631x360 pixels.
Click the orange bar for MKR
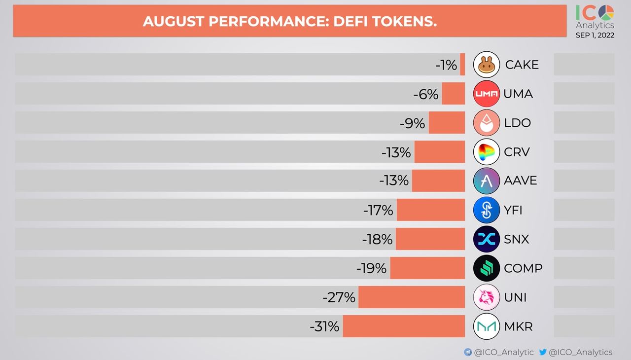pos(404,326)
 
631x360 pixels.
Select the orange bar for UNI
pos(412,297)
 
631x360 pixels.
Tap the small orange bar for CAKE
pos(462,65)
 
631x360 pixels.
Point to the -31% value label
pos(324,326)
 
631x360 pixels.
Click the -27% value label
pos(339,297)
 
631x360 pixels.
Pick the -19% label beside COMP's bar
pos(371,268)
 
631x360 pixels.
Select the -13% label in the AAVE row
pos(394,180)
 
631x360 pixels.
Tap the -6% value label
pos(426,94)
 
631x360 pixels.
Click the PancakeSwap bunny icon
pos(487,65)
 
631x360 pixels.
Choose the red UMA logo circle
pos(487,94)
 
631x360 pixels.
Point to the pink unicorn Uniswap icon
pos(487,297)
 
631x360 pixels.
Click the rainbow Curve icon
pos(487,152)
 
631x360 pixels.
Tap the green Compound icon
pos(487,268)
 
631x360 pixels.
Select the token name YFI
pos(513,211)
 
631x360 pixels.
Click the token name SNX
pos(517,240)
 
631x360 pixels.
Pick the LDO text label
pos(518,123)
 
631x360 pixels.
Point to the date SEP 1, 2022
pos(595,35)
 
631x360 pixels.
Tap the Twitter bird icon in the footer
pos(543,352)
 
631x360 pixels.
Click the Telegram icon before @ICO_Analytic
pos(468,352)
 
